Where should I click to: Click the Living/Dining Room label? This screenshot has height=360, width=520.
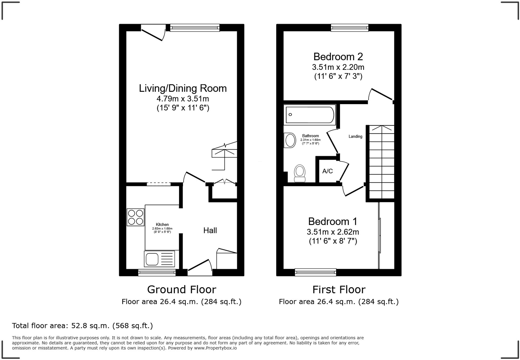point(183,88)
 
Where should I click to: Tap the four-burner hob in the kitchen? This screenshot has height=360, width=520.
point(135,217)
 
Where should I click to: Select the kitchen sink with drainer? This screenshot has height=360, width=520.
point(159,259)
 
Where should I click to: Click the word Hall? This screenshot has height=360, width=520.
point(210,231)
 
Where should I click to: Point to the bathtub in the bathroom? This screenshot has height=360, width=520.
point(310,115)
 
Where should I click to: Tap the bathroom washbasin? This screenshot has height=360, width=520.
point(290,140)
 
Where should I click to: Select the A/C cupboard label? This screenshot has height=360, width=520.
point(327,171)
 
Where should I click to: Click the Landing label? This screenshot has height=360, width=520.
point(355,137)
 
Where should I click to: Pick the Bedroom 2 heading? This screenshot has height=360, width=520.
point(338,57)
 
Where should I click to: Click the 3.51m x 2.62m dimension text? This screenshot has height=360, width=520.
point(333,232)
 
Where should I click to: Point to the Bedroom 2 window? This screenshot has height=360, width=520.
point(350,28)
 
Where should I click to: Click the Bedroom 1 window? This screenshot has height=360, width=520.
point(315,272)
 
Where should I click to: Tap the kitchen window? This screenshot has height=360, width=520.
point(157,272)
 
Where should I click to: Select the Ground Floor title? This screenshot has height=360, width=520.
point(181,289)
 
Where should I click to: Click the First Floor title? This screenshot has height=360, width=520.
point(339,289)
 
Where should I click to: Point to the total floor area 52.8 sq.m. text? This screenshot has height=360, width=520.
point(82,326)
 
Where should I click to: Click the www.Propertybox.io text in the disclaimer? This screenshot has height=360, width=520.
point(215,348)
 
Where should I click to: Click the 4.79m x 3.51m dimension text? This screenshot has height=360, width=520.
point(183,99)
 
